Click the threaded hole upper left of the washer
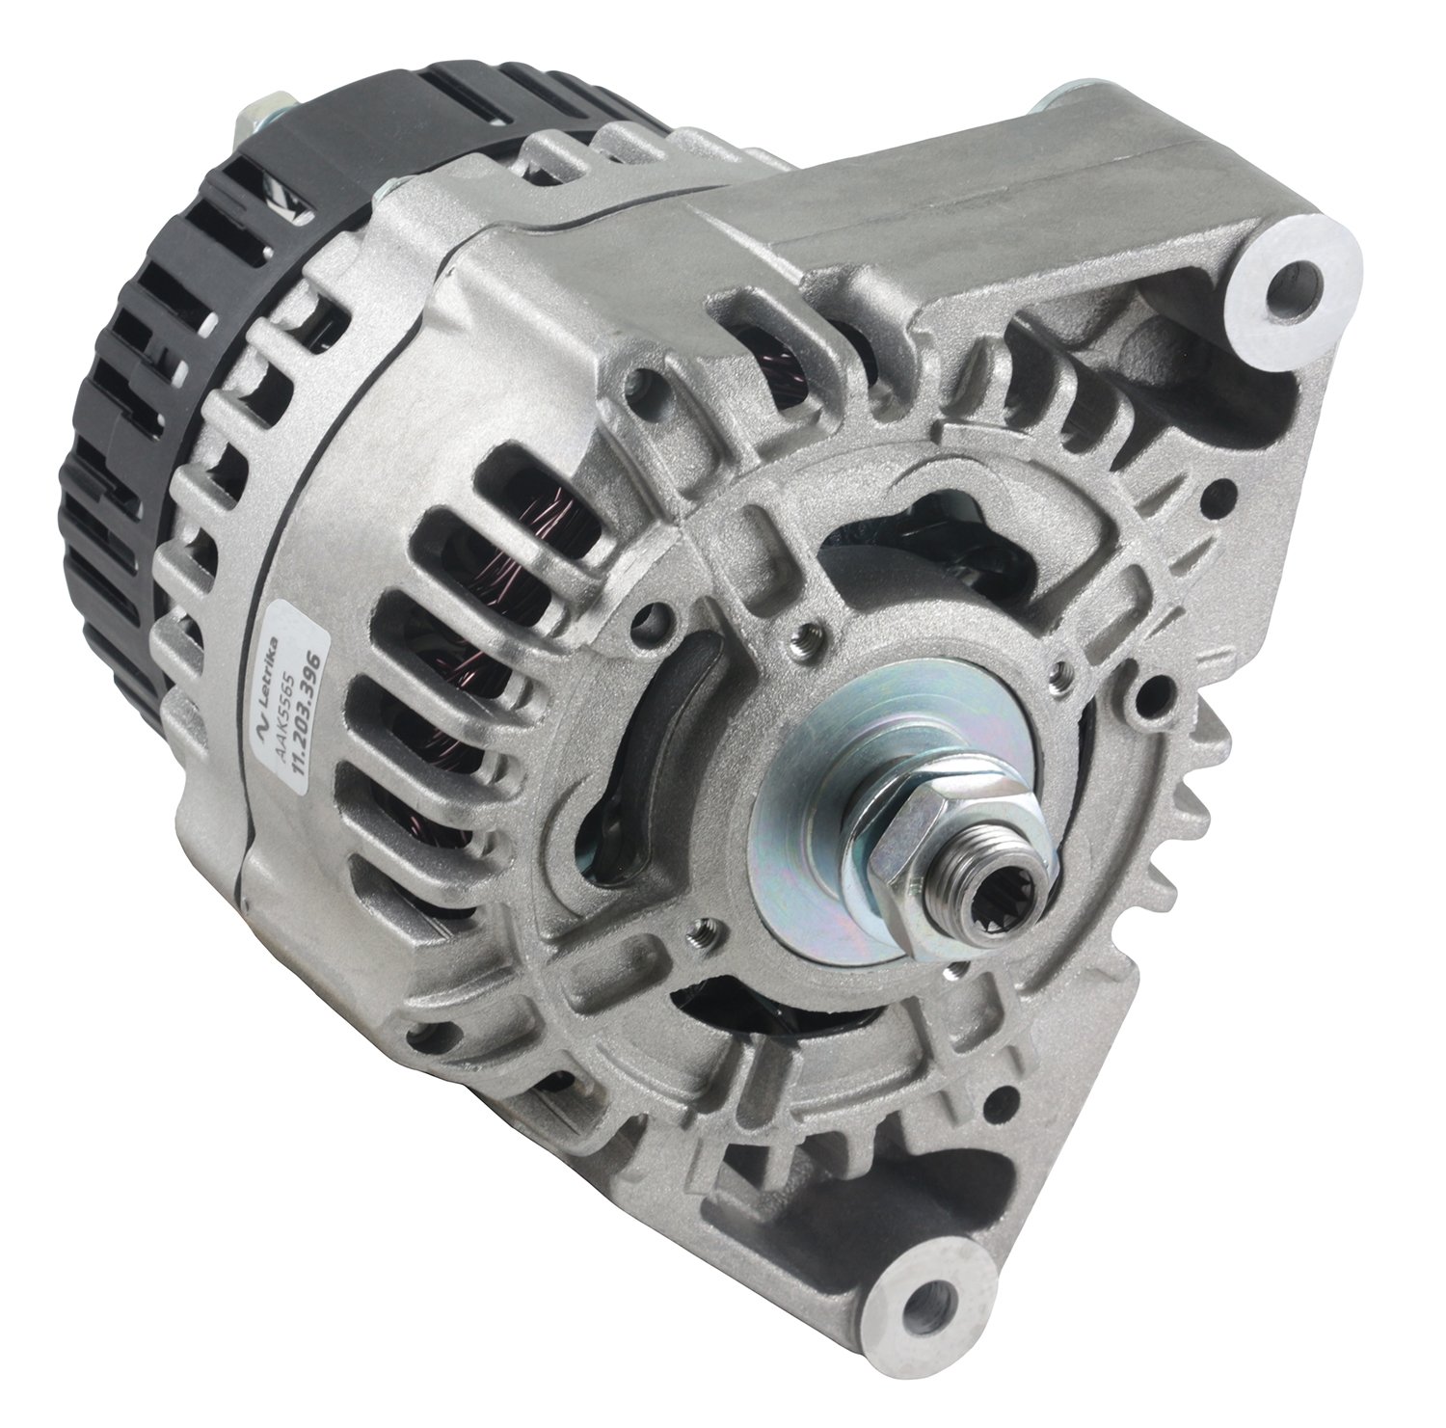[807, 633]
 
